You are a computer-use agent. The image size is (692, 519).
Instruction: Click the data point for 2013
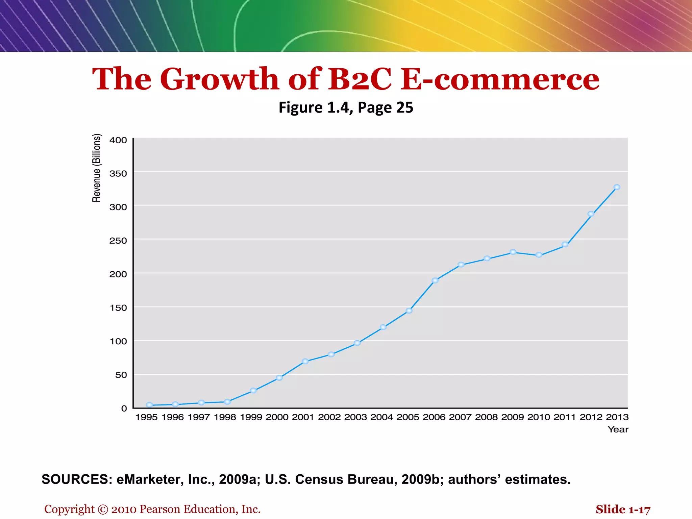tap(617, 187)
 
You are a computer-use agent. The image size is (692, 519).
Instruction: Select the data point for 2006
tap(435, 280)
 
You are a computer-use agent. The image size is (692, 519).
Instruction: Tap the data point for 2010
tap(539, 255)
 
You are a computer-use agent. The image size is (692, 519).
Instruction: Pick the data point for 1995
tap(149, 405)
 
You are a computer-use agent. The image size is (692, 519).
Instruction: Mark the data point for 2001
tap(305, 361)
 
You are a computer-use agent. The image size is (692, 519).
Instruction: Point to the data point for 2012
tap(591, 214)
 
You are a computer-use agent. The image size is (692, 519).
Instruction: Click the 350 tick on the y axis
tap(118, 174)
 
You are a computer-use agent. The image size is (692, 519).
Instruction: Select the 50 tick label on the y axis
tap(121, 375)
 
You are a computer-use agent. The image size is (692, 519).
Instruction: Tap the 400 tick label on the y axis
tap(118, 140)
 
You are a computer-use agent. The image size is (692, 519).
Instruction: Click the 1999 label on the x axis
tap(251, 417)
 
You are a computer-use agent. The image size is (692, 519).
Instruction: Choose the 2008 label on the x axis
tap(486, 417)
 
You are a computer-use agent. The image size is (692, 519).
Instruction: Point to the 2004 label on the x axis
tap(381, 417)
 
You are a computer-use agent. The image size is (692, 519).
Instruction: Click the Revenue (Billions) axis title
tap(97, 168)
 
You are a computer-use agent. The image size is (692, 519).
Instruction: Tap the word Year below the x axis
tap(618, 429)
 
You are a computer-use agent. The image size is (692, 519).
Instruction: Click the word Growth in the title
tap(220, 79)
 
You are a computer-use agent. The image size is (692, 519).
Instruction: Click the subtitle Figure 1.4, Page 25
tap(346, 107)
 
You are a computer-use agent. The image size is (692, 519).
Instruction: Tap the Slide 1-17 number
tap(623, 509)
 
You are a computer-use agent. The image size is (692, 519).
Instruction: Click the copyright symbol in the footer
tap(103, 510)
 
